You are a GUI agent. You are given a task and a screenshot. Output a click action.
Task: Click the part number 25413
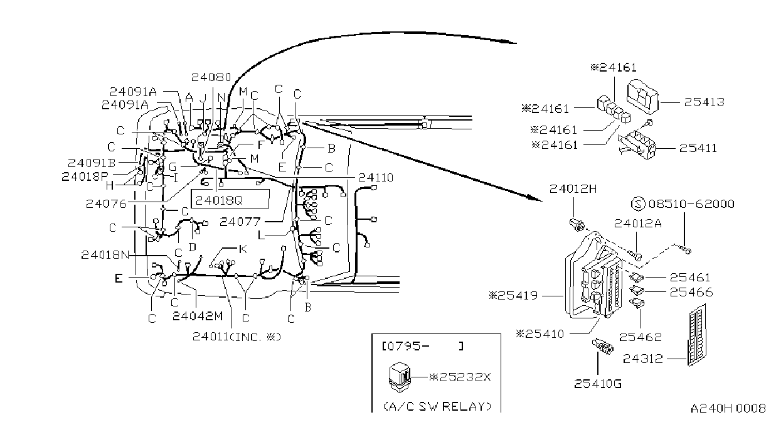pyautogui.click(x=704, y=102)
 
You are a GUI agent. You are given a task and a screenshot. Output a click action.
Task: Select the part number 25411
pyautogui.click(x=698, y=148)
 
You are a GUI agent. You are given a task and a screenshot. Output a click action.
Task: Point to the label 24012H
pyautogui.click(x=573, y=189)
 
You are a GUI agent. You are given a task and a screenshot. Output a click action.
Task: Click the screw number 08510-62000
pyautogui.click(x=691, y=204)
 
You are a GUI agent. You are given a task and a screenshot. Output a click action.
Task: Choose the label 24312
pyautogui.click(x=642, y=359)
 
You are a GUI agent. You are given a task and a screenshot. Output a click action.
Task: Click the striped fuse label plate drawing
pyautogui.click(x=697, y=335)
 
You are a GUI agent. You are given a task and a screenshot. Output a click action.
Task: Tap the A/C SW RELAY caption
pyautogui.click(x=437, y=406)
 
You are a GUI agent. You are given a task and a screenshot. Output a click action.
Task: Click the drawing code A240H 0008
pyautogui.click(x=728, y=408)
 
